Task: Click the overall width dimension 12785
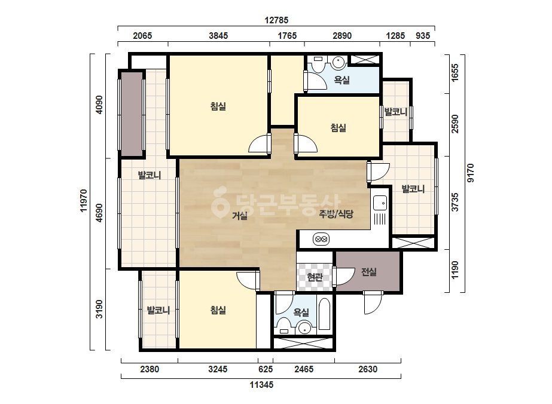pyautogui.click(x=276, y=20)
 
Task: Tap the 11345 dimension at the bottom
pyautogui.click(x=261, y=385)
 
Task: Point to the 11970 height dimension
pyautogui.click(x=84, y=201)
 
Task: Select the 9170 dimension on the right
pyautogui.click(x=471, y=173)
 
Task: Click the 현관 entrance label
pyautogui.click(x=315, y=277)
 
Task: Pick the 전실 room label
pyautogui.click(x=368, y=272)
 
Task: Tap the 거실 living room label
pyautogui.click(x=240, y=215)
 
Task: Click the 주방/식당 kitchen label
pyautogui.click(x=336, y=214)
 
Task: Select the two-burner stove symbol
pyautogui.click(x=321, y=239)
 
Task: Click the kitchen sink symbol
pyautogui.click(x=380, y=203)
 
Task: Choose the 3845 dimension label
pyautogui.click(x=218, y=35)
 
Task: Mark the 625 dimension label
pyautogui.click(x=266, y=369)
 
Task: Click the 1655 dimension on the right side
pyautogui.click(x=455, y=73)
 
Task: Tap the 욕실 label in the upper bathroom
pyautogui.click(x=341, y=80)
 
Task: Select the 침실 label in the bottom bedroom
pyautogui.click(x=218, y=310)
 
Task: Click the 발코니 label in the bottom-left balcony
pyautogui.click(x=158, y=310)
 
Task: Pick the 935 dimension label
pyautogui.click(x=423, y=35)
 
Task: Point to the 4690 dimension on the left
pyautogui.click(x=99, y=213)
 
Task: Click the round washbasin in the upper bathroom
pyautogui.click(x=338, y=63)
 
